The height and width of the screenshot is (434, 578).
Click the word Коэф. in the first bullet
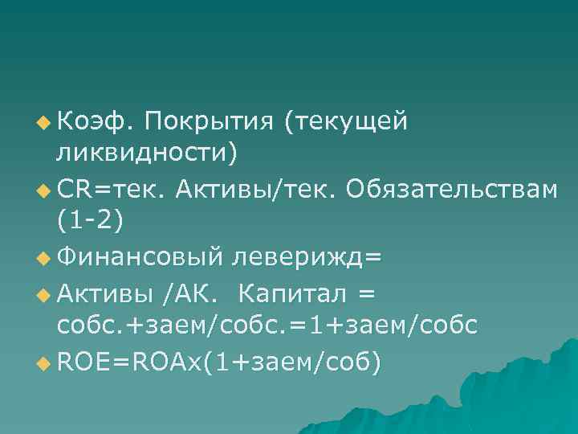[95, 122]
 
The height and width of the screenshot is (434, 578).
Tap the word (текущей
[345, 122]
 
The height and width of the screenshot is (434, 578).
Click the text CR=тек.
[108, 190]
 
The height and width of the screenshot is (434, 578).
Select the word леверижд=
[307, 258]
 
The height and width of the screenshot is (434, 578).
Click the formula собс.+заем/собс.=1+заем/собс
[267, 325]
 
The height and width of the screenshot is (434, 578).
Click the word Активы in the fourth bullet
[106, 293]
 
